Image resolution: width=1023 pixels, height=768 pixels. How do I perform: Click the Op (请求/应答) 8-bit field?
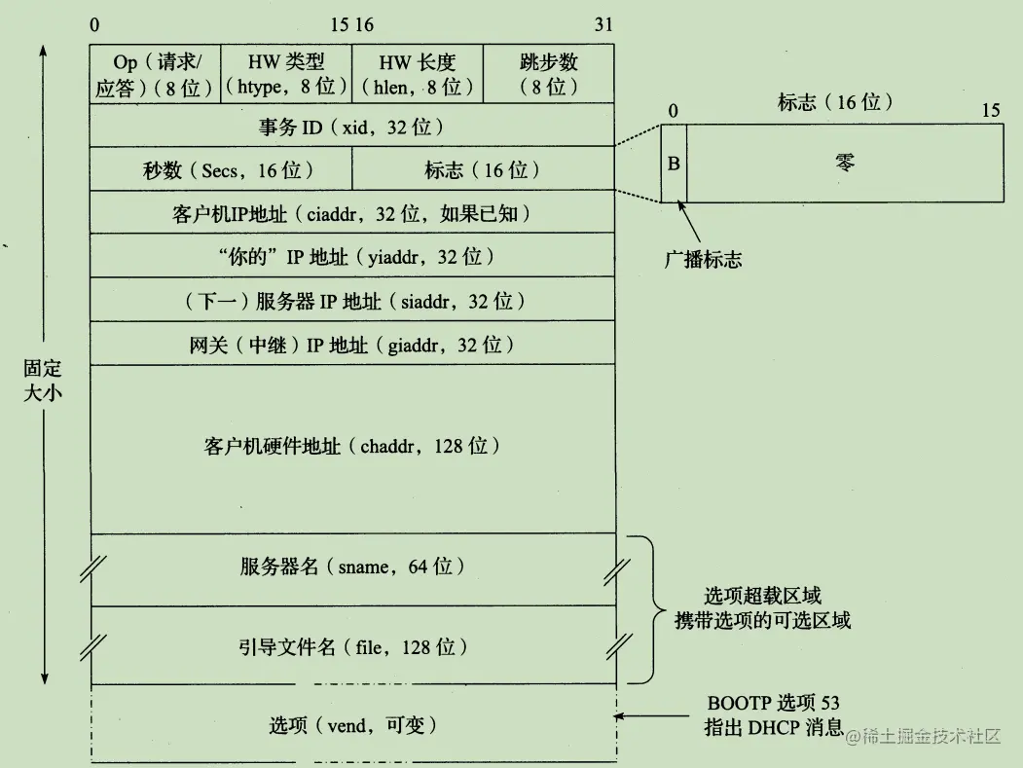[155, 74]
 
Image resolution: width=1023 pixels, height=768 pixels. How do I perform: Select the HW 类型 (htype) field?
[286, 74]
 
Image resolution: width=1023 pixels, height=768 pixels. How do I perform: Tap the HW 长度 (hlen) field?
[417, 74]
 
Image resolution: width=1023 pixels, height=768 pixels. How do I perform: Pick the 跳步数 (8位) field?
[548, 74]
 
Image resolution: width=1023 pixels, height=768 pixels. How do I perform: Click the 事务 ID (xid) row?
[351, 126]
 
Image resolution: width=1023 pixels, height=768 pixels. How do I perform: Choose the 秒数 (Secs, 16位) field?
[220, 169]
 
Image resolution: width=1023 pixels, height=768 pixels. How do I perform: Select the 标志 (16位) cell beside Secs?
[483, 169]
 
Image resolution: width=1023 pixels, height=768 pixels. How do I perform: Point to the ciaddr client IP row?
[351, 213]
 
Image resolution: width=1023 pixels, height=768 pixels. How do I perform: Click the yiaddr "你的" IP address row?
[351, 257]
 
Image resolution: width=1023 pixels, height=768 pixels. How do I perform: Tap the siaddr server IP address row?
[351, 301]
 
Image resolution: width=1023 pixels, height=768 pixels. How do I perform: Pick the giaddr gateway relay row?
[351, 344]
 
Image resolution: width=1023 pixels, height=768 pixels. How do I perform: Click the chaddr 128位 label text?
[351, 447]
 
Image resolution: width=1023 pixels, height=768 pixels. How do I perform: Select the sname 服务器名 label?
[351, 567]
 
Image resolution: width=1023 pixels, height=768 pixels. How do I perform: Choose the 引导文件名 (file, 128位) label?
[351, 646]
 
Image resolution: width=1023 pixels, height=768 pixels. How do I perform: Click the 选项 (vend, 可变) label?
[351, 725]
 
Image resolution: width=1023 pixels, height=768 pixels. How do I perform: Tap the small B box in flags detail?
[674, 163]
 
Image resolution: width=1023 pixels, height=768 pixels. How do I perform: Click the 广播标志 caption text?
[703, 260]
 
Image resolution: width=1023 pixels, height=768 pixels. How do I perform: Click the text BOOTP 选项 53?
[773, 704]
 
